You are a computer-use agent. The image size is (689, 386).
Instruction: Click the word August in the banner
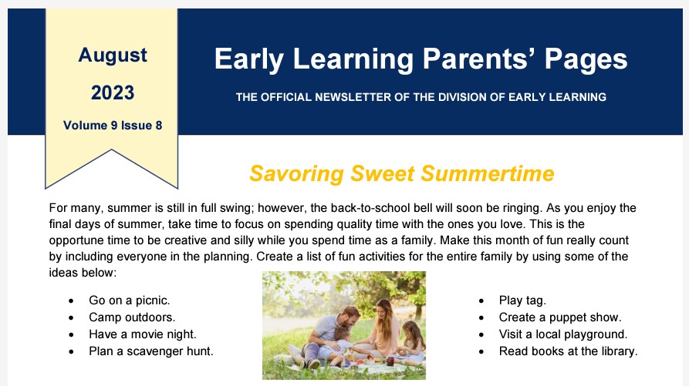click(113, 55)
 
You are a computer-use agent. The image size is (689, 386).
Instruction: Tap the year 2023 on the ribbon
click(113, 92)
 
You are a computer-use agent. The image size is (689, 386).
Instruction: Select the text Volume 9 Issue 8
click(113, 126)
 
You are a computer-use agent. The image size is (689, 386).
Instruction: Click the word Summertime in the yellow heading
click(488, 173)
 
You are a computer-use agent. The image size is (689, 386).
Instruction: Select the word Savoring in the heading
click(296, 173)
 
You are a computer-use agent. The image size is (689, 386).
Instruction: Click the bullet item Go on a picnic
click(129, 300)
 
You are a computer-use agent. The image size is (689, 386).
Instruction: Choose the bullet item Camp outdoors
click(132, 317)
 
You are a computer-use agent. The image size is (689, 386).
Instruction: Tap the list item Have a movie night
click(143, 334)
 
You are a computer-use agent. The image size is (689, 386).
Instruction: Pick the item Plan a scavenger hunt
click(150, 351)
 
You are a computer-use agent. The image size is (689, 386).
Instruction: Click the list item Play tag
click(522, 300)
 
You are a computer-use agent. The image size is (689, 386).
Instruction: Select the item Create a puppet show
click(560, 317)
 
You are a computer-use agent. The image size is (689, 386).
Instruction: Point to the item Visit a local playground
click(563, 334)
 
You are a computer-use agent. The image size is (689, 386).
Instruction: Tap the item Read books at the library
click(568, 351)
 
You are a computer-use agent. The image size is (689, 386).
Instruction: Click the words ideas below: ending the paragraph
click(83, 273)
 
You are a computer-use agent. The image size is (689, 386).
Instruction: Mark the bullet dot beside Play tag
click(481, 301)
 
